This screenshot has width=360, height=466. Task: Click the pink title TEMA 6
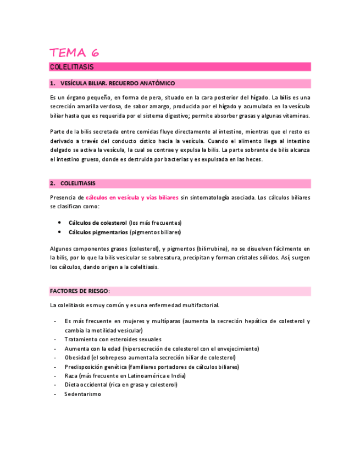[x=74, y=53]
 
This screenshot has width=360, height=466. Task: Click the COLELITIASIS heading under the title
[x=71, y=67]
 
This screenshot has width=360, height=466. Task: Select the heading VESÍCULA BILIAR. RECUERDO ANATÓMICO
[x=117, y=84]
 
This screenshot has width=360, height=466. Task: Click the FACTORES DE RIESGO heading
[x=80, y=291]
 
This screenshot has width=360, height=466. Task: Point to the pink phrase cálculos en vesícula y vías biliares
[x=132, y=198]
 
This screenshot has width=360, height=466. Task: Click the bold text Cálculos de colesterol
[x=98, y=223]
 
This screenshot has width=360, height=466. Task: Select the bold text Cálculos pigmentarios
[x=98, y=232]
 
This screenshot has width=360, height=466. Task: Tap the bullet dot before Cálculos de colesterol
[x=59, y=223]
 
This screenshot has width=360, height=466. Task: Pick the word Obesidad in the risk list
[x=77, y=358]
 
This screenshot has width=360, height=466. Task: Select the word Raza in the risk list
[x=71, y=376]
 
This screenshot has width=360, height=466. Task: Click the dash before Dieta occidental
[x=54, y=385]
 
